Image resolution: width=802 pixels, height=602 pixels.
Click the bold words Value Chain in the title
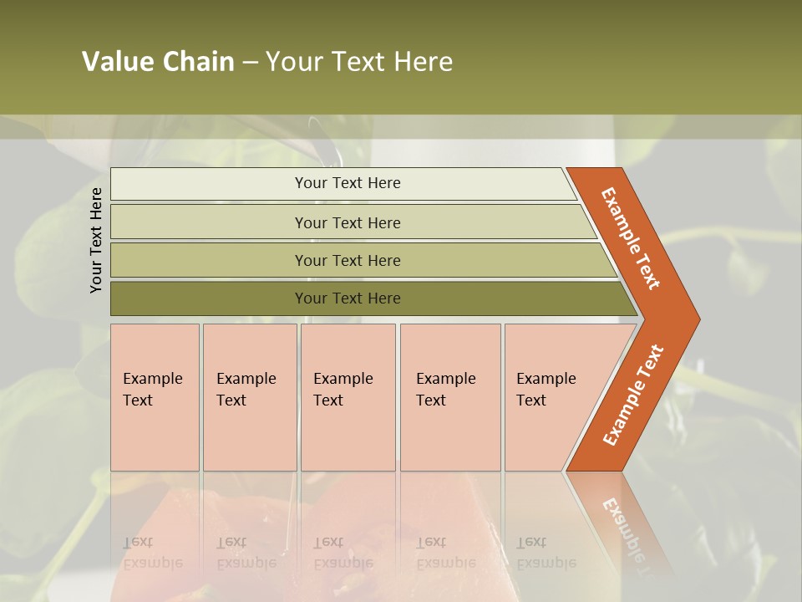coord(158,62)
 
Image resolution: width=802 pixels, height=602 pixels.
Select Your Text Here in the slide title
coord(359,62)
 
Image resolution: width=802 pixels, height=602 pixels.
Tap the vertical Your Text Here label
coord(96,240)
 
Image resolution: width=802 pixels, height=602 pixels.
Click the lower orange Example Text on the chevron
coord(633,395)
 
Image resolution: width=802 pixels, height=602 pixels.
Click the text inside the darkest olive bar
coord(348,298)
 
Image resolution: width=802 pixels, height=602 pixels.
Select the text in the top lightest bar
coord(348,183)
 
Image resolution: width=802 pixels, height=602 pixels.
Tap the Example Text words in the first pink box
coord(152,390)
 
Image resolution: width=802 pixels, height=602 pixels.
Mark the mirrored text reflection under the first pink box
coord(152,552)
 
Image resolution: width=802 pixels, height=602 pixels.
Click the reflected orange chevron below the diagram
coord(622,518)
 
